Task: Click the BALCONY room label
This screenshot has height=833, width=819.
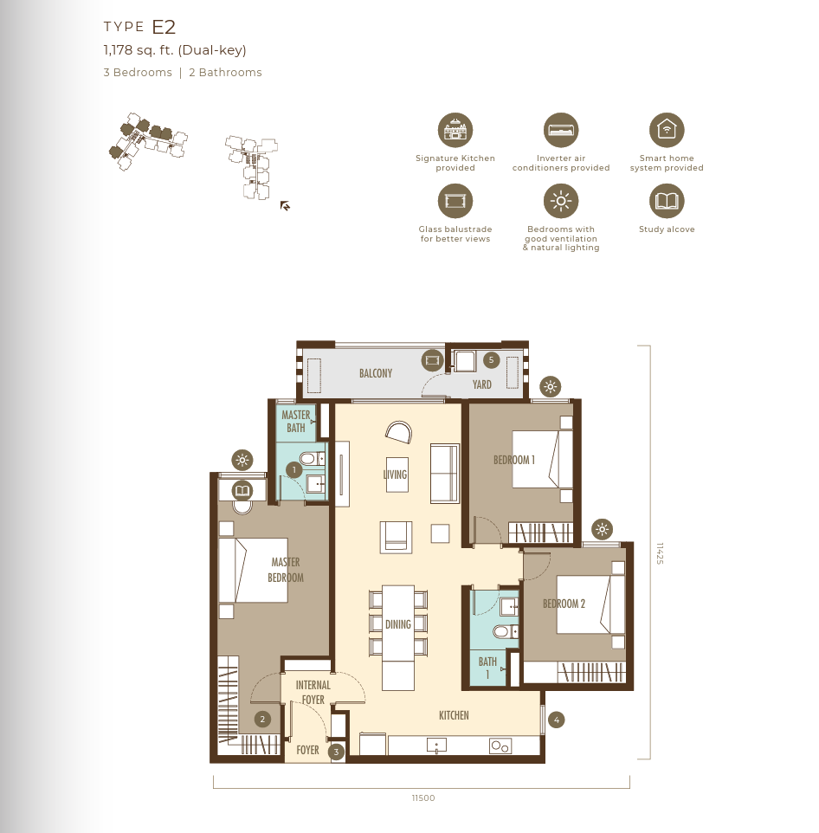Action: point(376,373)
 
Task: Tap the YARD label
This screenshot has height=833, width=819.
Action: point(481,384)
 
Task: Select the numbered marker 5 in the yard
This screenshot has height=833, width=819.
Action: point(491,360)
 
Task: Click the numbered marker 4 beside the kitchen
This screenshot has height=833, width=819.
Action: point(556,720)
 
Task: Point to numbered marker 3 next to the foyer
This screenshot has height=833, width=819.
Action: point(336,752)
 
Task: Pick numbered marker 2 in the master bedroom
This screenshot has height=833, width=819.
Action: point(262,720)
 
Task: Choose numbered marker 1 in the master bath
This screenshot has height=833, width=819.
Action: point(293,470)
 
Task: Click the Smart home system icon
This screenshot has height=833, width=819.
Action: point(667,130)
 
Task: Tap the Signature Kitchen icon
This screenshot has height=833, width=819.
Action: point(455,130)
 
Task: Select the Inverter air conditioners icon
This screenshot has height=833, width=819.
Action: point(561,130)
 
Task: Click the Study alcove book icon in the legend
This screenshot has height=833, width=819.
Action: point(667,202)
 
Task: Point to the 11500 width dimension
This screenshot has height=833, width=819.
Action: point(422,798)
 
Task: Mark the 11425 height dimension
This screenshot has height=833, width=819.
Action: point(660,553)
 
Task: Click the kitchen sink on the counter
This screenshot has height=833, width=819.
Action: point(436,746)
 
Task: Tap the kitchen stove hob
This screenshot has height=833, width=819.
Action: point(500,746)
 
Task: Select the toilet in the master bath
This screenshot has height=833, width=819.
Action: point(312,459)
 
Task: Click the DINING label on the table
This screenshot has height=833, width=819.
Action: point(398,625)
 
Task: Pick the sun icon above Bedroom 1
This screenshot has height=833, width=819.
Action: point(551,387)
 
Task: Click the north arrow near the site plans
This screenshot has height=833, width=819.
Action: point(285,205)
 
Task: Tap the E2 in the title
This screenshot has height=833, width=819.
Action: point(164,27)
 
